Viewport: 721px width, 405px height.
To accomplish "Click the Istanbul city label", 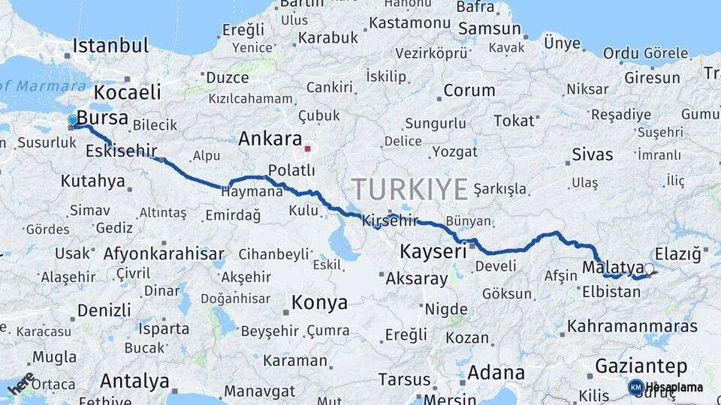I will [x=110, y=45].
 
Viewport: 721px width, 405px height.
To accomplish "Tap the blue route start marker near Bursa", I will [x=73, y=120].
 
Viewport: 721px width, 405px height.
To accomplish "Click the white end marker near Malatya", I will [x=649, y=268].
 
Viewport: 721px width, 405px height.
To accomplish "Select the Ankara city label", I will [x=270, y=139].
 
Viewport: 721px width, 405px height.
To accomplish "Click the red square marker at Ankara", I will [x=307, y=148].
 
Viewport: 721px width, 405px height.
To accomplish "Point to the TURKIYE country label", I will [x=409, y=188].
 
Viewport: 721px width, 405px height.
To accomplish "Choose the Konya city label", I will [x=319, y=302].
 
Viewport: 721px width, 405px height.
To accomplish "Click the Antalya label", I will [x=134, y=380].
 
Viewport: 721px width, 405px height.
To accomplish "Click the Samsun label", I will [x=489, y=28].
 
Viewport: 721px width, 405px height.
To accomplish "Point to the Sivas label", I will [x=592, y=155].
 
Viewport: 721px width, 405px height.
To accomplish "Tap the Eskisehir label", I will [x=121, y=151].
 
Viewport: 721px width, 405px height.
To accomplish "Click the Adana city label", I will [x=496, y=372].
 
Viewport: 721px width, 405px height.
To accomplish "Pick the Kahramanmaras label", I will [x=632, y=326].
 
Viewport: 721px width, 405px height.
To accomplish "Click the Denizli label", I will [x=104, y=310].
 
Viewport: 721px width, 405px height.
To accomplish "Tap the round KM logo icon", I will [x=635, y=387].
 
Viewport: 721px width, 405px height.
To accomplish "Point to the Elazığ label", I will [x=677, y=253].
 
